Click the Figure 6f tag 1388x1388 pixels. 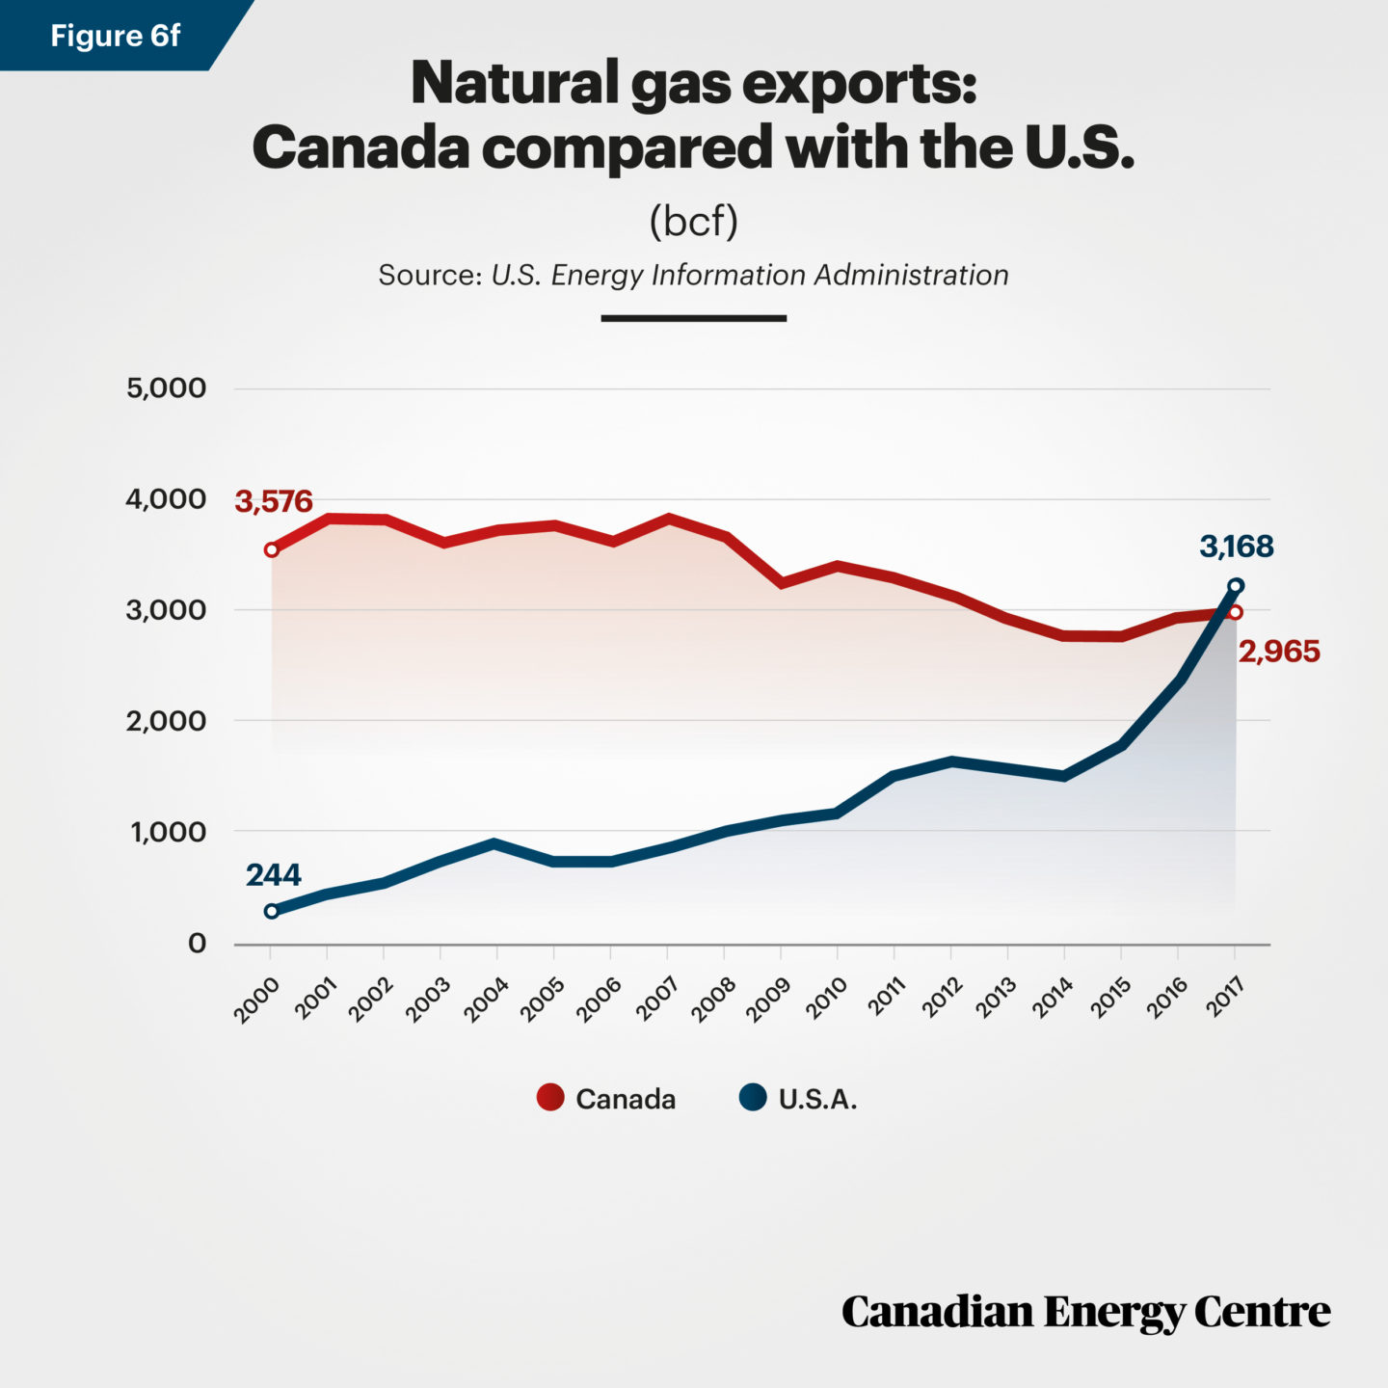tap(115, 36)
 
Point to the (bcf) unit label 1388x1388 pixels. tap(693, 221)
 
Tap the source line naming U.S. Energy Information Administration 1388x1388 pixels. tap(693, 275)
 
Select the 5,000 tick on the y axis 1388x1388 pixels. tap(166, 388)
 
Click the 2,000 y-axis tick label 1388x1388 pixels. tap(166, 721)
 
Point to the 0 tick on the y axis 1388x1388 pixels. tap(197, 943)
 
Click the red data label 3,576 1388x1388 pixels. tap(274, 501)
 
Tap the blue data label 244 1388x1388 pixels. tap(273, 874)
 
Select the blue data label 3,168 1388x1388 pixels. tap(1236, 547)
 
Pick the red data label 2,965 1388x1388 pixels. tap(1278, 652)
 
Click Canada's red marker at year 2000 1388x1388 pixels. tap(272, 549)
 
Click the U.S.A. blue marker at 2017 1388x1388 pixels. tap(1236, 586)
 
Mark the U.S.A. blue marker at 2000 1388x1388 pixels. tap(272, 911)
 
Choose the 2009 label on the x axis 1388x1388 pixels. tap(769, 999)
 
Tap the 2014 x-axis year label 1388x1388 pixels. tap(1053, 999)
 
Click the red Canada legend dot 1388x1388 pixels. tap(550, 1098)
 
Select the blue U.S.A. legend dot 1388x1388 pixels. tap(753, 1098)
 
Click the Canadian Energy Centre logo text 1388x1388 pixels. tap(1085, 1312)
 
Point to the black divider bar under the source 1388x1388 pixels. tap(693, 317)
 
